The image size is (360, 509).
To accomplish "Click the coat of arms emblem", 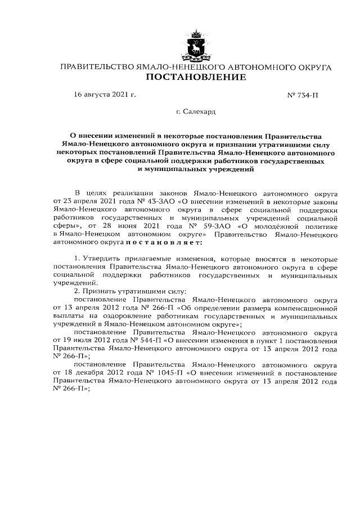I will click(195, 47).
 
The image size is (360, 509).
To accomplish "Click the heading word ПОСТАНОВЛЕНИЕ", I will click(195, 78).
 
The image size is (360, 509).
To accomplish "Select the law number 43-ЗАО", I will click(157, 201).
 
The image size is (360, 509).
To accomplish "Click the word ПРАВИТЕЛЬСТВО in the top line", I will click(96, 67).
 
